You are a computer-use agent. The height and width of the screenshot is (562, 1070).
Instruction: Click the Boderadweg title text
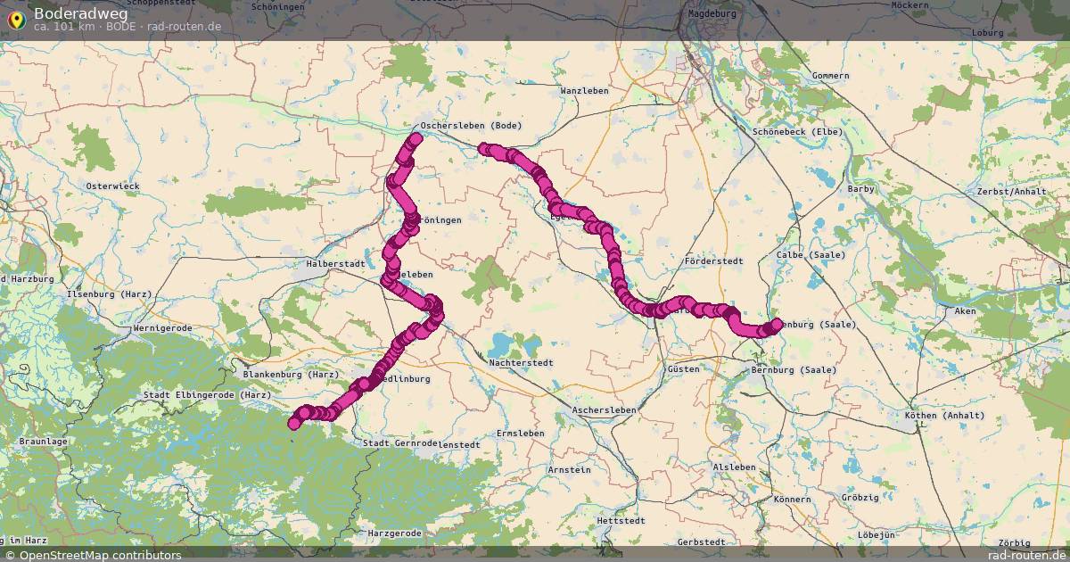(x=80, y=12)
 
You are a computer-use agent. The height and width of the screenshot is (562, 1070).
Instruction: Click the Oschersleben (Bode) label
(x=470, y=126)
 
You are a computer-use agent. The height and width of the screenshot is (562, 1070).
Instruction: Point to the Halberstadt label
(x=335, y=264)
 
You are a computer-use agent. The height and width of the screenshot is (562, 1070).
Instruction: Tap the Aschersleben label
(x=605, y=409)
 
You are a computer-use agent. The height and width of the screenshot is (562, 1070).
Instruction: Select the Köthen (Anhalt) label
(x=944, y=416)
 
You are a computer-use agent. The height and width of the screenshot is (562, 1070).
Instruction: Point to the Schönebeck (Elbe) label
(x=797, y=132)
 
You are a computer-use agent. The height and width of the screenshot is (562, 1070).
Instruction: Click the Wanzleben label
(x=584, y=91)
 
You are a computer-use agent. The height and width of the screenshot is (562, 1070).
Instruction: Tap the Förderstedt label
(x=713, y=261)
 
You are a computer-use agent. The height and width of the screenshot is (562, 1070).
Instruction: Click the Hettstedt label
(x=621, y=519)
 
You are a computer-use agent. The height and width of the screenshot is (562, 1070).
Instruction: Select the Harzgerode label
(x=394, y=533)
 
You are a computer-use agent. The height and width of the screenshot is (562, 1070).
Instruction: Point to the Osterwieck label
(x=112, y=186)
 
